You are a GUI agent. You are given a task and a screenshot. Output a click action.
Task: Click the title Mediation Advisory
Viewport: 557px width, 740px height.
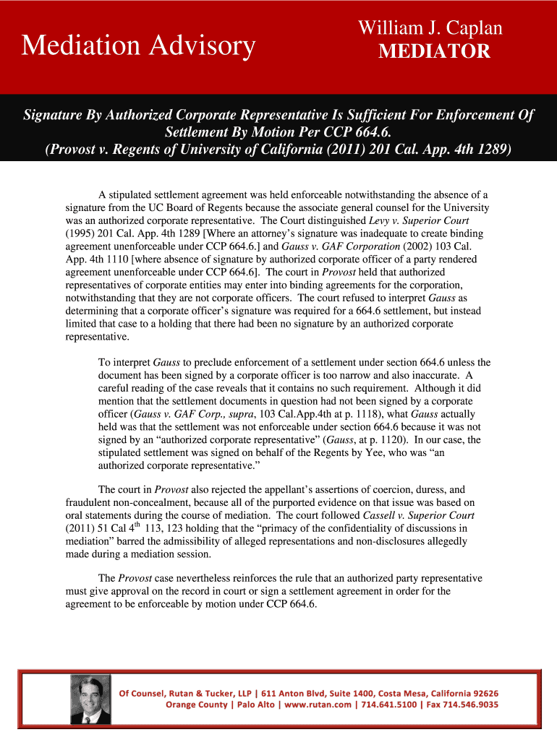pos(138,46)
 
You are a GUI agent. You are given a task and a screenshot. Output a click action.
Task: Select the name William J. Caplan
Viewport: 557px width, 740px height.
pos(430,29)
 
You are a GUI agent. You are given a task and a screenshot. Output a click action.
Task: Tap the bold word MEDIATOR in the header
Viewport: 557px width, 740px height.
pos(434,51)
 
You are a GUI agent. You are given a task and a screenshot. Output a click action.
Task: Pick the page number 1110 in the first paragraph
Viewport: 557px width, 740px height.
pos(116,259)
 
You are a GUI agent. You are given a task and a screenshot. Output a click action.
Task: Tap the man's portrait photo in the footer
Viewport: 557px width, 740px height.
pos(90,699)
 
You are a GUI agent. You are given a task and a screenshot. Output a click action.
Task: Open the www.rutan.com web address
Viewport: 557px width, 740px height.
pos(318,705)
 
